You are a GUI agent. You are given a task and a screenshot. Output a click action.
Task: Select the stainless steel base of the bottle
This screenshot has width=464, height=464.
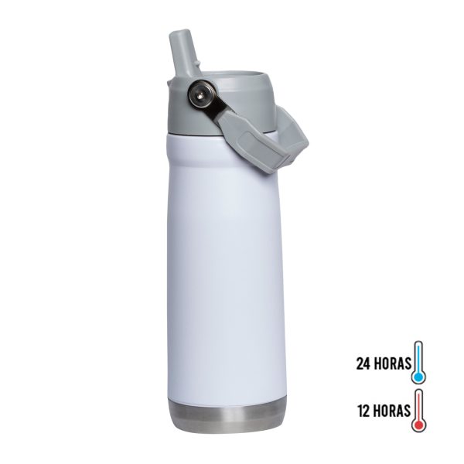coord(226,415)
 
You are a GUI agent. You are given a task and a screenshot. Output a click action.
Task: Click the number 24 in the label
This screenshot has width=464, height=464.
coord(363,363)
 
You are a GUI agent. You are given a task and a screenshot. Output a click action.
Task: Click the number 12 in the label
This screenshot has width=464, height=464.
coord(364,411)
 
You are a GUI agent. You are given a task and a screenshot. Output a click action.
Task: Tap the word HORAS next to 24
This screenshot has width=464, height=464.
coord(393,363)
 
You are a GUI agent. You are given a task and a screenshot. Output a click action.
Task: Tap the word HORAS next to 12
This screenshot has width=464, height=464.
coord(393,411)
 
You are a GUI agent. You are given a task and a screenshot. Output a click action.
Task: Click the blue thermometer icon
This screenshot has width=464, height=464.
coord(418,363)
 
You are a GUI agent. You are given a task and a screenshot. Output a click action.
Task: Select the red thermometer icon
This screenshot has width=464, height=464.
coord(418,410)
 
